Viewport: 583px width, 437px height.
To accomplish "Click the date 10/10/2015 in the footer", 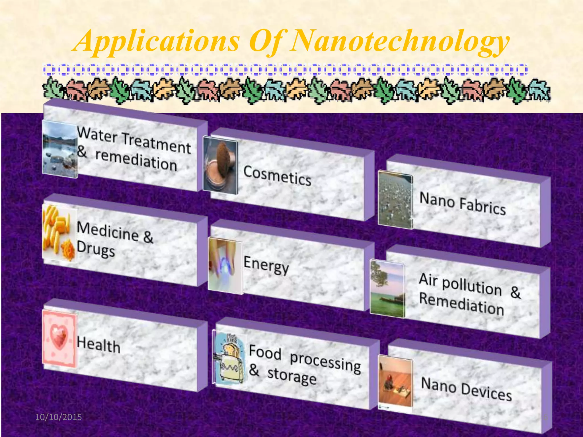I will (58, 417).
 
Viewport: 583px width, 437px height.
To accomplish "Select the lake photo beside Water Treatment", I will (59, 149).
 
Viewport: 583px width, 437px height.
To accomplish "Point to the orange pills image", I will (59, 233).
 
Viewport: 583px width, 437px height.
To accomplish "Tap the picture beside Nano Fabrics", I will (395, 199).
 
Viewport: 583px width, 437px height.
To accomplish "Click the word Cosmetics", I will (277, 176).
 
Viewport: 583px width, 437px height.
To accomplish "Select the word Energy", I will (266, 265).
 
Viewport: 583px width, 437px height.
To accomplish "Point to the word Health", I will (98, 345).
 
